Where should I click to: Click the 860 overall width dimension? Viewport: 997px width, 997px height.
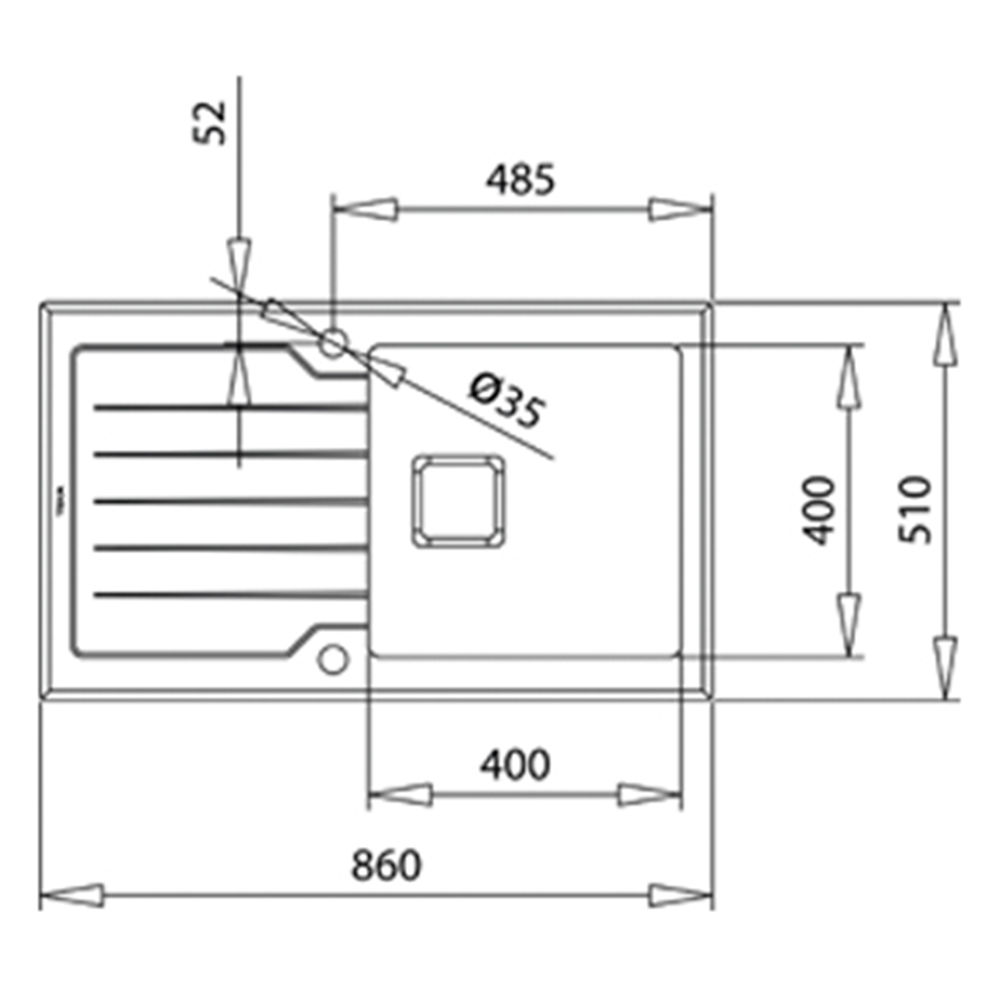click(386, 866)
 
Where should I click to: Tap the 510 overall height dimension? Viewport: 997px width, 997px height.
click(915, 509)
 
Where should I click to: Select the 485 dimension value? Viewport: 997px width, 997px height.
click(520, 180)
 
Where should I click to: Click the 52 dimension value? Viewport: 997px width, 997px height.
click(210, 123)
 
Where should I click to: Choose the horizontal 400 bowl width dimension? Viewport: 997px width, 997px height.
click(515, 765)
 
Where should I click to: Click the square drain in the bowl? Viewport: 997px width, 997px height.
click(459, 501)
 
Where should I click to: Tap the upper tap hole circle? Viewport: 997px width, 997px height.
click(332, 343)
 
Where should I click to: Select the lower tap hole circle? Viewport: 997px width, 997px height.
click(332, 659)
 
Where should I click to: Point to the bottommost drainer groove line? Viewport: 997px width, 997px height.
click(231, 595)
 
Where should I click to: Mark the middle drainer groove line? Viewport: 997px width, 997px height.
click(231, 501)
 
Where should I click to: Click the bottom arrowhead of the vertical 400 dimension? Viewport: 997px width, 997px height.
click(848, 625)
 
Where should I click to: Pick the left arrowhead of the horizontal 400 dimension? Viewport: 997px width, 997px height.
click(400, 795)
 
